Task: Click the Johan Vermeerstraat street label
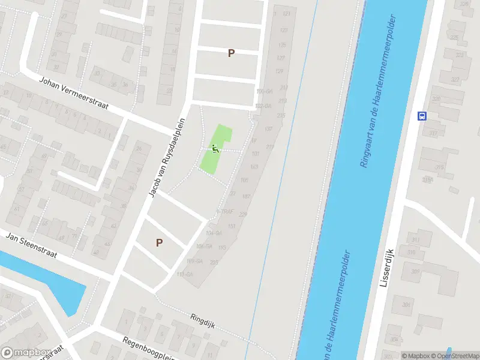[73, 94]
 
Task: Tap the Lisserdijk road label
[386, 267]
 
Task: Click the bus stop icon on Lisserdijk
[421, 116]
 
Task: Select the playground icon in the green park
[215, 148]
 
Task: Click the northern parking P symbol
[231, 53]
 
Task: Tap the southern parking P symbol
[159, 243]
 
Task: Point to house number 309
[415, 271]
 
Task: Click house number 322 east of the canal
[455, 79]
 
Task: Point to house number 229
[242, 214]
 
